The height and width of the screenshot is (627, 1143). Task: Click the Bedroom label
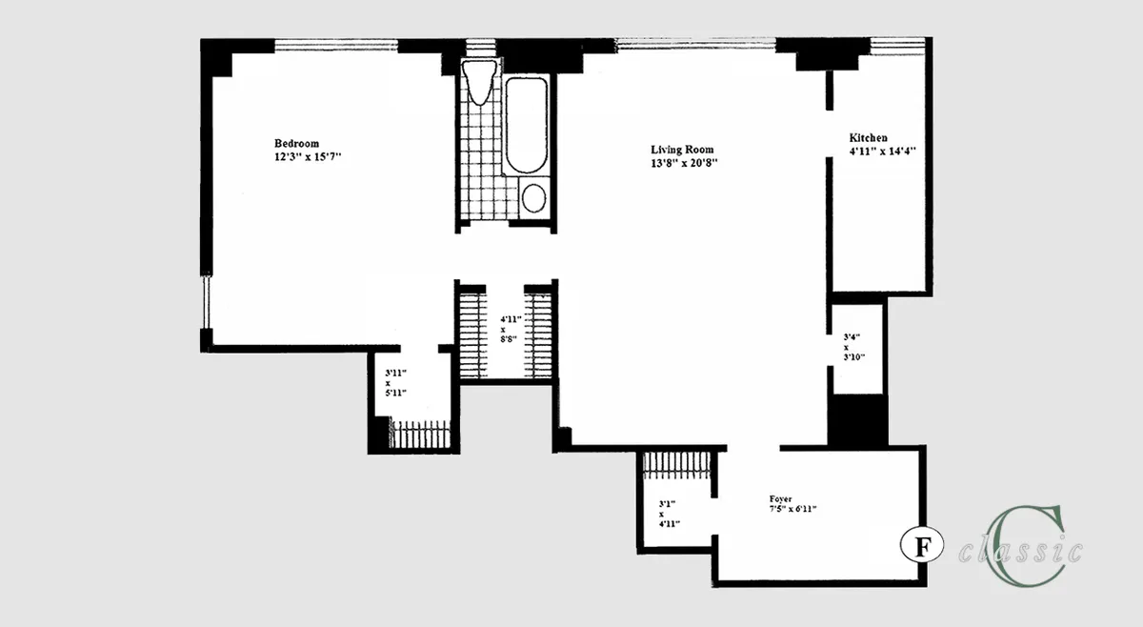tap(297, 143)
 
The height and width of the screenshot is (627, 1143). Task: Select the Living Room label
tap(683, 150)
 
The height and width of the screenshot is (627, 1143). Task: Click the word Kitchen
tap(869, 138)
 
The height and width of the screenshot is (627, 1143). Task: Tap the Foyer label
tap(781, 498)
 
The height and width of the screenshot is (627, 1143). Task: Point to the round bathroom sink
tap(534, 199)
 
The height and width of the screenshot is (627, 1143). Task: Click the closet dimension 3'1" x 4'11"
tap(668, 514)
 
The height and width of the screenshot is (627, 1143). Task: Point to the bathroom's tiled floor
tap(481, 172)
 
